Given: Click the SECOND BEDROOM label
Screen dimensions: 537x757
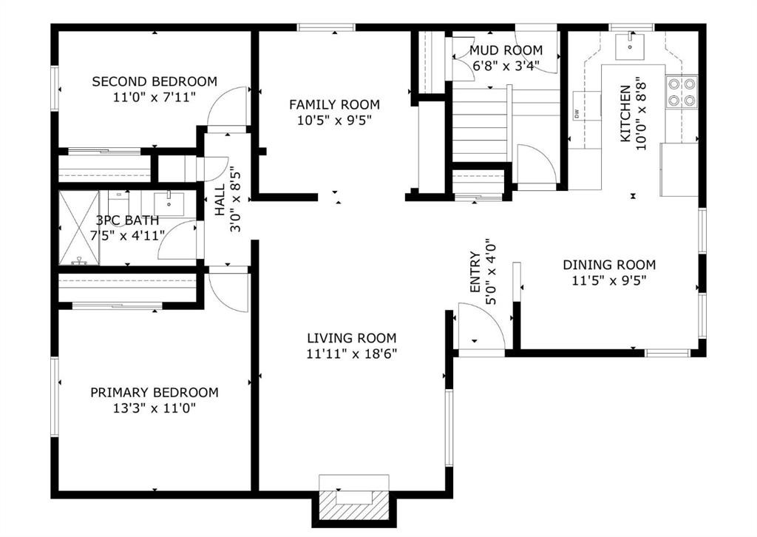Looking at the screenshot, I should [154, 81].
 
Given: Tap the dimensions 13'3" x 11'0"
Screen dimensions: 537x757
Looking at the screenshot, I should [154, 408].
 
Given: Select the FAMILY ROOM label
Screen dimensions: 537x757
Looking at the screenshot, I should [334, 104].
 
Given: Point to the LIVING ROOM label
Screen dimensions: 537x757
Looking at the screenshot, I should [352, 338].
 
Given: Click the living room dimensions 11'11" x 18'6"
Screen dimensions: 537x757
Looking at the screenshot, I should [352, 354].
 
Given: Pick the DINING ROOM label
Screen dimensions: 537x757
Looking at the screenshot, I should [609, 265].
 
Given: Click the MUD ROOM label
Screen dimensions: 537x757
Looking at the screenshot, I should [506, 50].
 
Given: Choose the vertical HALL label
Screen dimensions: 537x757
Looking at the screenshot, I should [220, 200].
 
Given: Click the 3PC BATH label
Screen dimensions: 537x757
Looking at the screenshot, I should [126, 220].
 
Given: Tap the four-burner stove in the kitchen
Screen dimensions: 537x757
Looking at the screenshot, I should [682, 92].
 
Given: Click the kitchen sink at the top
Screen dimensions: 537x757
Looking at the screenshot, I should [631, 44].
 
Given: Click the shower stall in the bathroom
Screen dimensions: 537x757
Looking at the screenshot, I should [79, 227].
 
